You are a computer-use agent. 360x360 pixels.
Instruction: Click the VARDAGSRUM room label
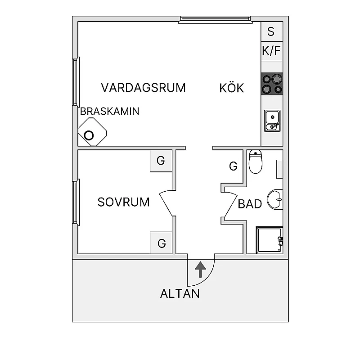pyautogui.click(x=143, y=87)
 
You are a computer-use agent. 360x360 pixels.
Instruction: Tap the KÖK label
pyautogui.click(x=231, y=88)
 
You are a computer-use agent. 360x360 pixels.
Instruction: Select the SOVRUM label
pyautogui.click(x=123, y=202)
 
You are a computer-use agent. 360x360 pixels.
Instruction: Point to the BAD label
pyautogui.click(x=250, y=204)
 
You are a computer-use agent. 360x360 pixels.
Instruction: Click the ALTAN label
pyautogui.click(x=180, y=294)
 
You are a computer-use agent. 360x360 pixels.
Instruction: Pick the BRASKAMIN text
pyautogui.click(x=109, y=111)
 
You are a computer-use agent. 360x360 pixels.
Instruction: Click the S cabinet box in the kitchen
pyautogui.click(x=271, y=31)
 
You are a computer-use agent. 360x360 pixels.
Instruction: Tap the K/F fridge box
pyautogui.click(x=271, y=51)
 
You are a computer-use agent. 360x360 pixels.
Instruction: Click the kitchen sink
pyautogui.click(x=272, y=121)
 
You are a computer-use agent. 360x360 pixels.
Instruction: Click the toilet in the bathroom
pyautogui.click(x=256, y=162)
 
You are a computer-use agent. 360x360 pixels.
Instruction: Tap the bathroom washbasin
pyautogui.click(x=274, y=198)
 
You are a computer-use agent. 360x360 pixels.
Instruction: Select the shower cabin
pyautogui.click(x=269, y=240)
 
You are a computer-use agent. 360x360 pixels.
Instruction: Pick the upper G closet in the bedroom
pyautogui.click(x=161, y=161)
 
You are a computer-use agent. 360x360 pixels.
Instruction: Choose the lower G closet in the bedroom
pyautogui.click(x=162, y=243)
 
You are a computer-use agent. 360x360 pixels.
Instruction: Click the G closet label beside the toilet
pyautogui.click(x=233, y=166)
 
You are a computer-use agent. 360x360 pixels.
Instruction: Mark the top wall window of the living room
pyautogui.click(x=215, y=19)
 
